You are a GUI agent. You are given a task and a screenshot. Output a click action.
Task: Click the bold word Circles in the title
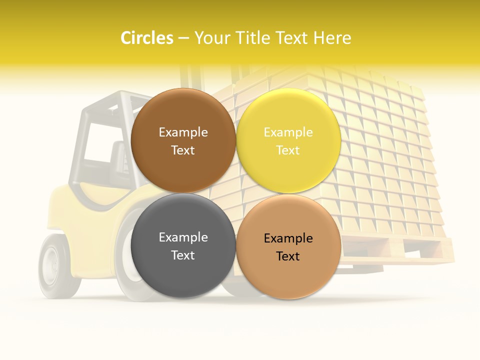146,38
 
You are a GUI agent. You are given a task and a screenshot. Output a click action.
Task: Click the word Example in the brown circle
183,132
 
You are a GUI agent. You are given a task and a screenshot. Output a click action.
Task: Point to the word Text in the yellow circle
288,150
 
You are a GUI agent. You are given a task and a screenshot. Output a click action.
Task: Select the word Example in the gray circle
183,237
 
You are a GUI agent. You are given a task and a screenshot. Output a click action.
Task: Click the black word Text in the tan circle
288,256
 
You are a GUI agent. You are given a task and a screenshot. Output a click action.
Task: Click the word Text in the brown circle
183,150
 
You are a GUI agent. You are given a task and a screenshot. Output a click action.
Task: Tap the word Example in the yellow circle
288,132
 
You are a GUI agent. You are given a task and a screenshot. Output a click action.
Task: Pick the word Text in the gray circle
183,255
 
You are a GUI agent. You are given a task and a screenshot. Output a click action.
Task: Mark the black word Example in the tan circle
288,238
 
